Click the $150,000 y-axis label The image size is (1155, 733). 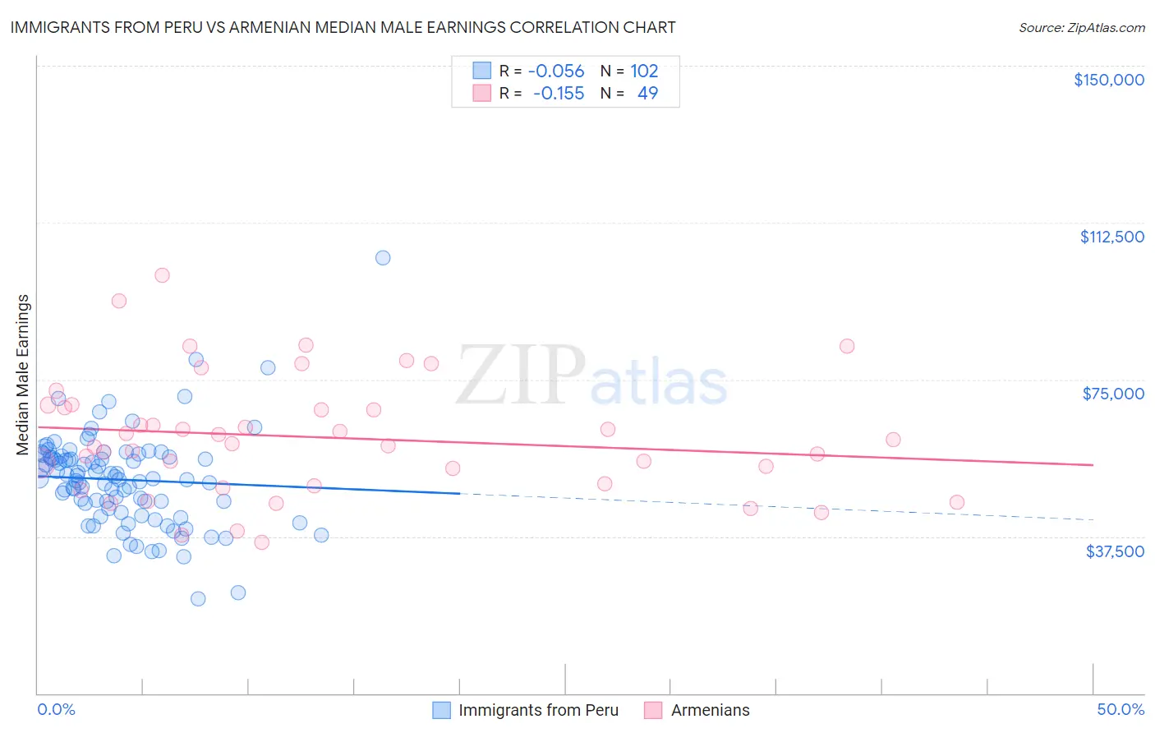point(1108,80)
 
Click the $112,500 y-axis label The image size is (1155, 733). point(1111,237)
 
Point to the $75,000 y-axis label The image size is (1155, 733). point(1113,394)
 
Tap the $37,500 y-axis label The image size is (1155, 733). point(1115,551)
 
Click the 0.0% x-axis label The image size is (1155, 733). point(56,709)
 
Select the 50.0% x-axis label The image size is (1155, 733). point(1120,709)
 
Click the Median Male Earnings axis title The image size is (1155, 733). point(23,375)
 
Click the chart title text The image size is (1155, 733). point(343,27)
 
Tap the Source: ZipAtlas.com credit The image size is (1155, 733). point(1081,28)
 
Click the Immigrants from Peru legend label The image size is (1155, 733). point(538,710)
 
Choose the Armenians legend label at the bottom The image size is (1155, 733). point(710,710)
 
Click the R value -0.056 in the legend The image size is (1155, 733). point(556,71)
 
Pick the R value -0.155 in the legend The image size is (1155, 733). point(559,93)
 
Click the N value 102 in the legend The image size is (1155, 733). point(644,71)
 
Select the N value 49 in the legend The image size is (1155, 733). point(647,93)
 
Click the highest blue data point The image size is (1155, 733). point(383,257)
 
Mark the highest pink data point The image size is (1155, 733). point(162,275)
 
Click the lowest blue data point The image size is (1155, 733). point(198,598)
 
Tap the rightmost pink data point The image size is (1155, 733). point(956,502)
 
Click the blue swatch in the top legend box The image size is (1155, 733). point(481,71)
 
